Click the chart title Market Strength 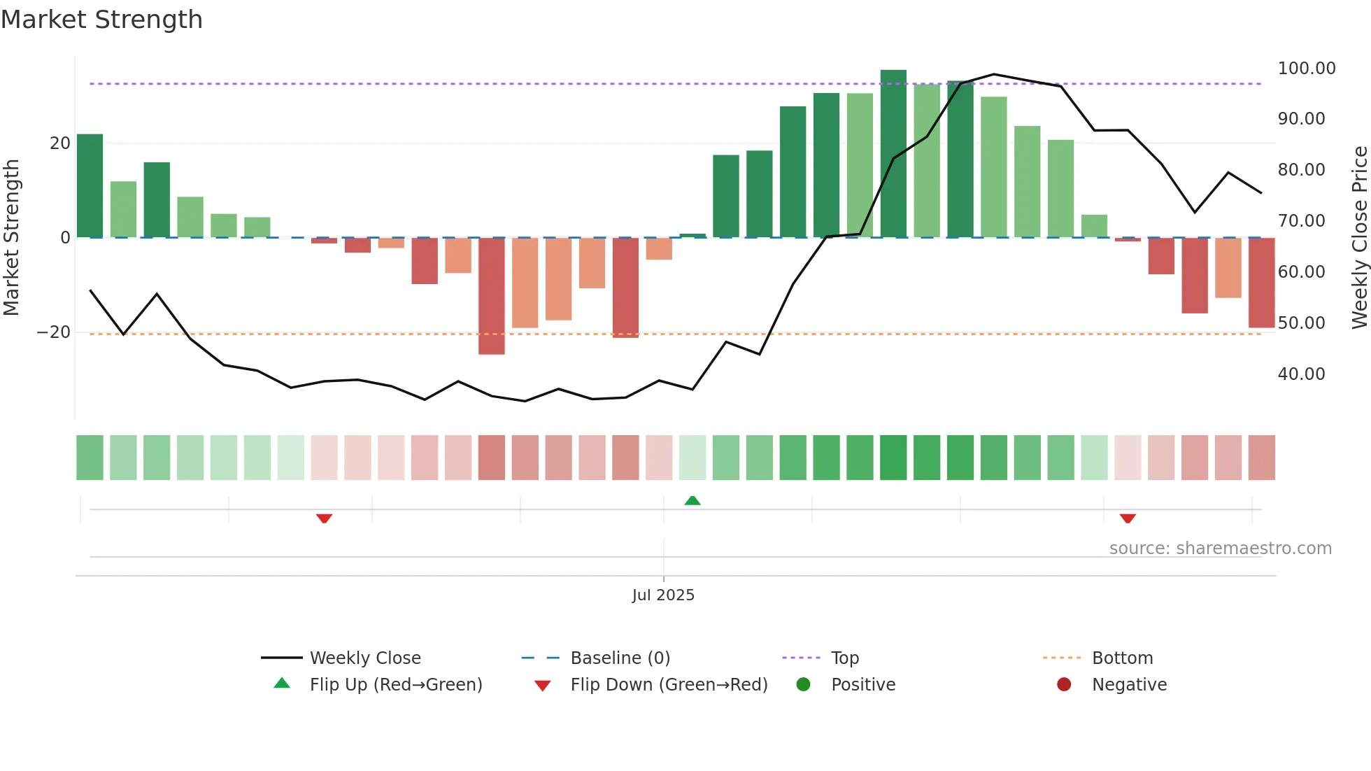point(101,20)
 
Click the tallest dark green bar point(893,154)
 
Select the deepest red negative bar point(492,296)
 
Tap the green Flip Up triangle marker point(692,500)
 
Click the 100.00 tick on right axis point(1306,69)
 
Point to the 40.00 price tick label point(1301,374)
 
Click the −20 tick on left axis point(54,332)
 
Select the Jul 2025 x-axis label point(663,595)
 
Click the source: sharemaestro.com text point(1220,549)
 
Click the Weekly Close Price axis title point(1359,238)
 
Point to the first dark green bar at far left point(90,185)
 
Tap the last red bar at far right point(1261,283)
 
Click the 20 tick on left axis point(60,143)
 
